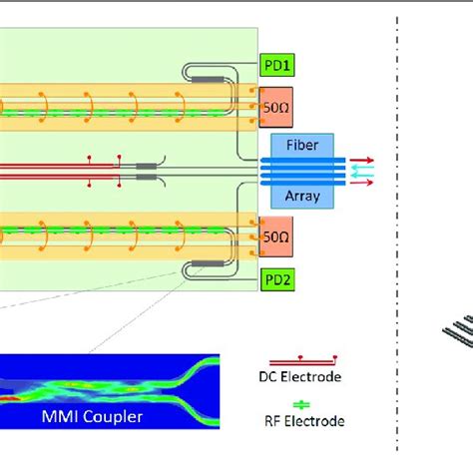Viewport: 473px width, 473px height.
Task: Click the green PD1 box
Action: click(275, 65)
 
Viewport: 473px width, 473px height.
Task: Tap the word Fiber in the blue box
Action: click(302, 144)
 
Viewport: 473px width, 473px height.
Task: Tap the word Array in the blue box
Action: click(302, 196)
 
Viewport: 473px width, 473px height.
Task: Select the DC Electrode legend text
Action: click(306, 377)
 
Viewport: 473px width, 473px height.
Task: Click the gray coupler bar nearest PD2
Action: click(210, 264)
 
